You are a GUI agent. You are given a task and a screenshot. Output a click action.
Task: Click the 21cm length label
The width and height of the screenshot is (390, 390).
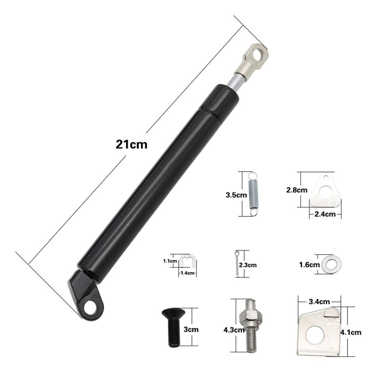(131, 144)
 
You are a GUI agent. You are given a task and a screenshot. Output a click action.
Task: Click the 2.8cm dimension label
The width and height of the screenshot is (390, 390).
(297, 190)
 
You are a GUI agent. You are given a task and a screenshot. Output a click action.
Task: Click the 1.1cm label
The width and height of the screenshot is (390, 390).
(170, 261)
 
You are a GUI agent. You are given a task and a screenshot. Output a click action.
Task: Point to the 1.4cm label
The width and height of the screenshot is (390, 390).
(188, 273)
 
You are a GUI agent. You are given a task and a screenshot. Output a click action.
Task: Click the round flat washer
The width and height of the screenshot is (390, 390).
(331, 264)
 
